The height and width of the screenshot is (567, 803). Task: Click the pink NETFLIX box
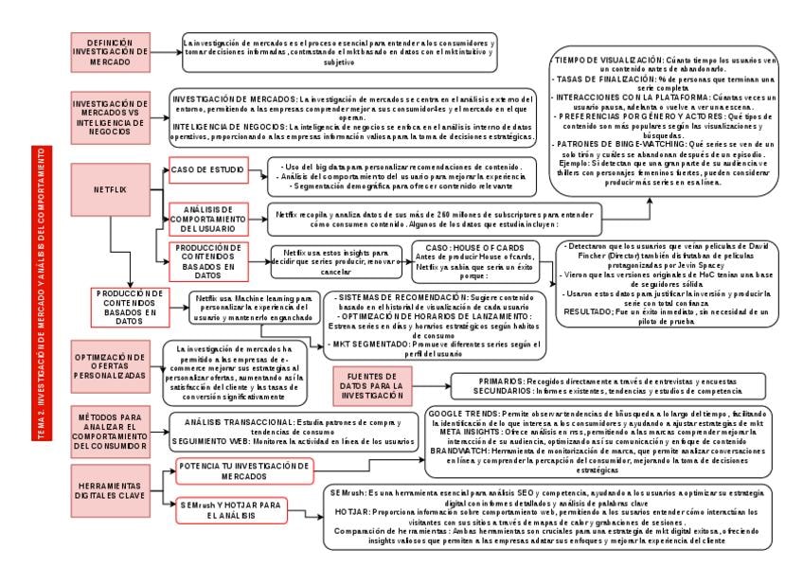click(110, 189)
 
